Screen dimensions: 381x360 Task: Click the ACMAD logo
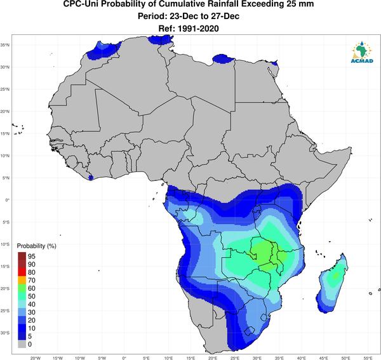click(x=362, y=53)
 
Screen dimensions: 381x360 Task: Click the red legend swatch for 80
click(x=22, y=272)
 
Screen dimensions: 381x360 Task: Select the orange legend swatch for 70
click(x=22, y=280)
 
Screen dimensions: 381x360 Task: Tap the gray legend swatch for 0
click(x=22, y=344)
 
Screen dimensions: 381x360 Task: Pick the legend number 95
click(x=32, y=257)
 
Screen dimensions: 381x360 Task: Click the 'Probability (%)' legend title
click(x=36, y=246)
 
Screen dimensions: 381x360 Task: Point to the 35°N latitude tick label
click(x=5, y=45)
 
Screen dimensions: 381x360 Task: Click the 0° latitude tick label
click(x=8, y=200)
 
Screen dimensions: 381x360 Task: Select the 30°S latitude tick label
click(x=5, y=333)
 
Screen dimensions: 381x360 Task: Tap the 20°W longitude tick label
click(x=35, y=358)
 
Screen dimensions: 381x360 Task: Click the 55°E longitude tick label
click(x=368, y=358)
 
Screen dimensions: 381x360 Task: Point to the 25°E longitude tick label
click(x=235, y=358)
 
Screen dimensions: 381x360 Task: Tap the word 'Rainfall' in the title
click(x=216, y=4)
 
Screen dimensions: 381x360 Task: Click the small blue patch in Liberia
click(x=91, y=178)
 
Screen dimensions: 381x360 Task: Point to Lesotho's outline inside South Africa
click(x=250, y=331)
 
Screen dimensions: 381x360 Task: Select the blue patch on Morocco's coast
click(x=103, y=50)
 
